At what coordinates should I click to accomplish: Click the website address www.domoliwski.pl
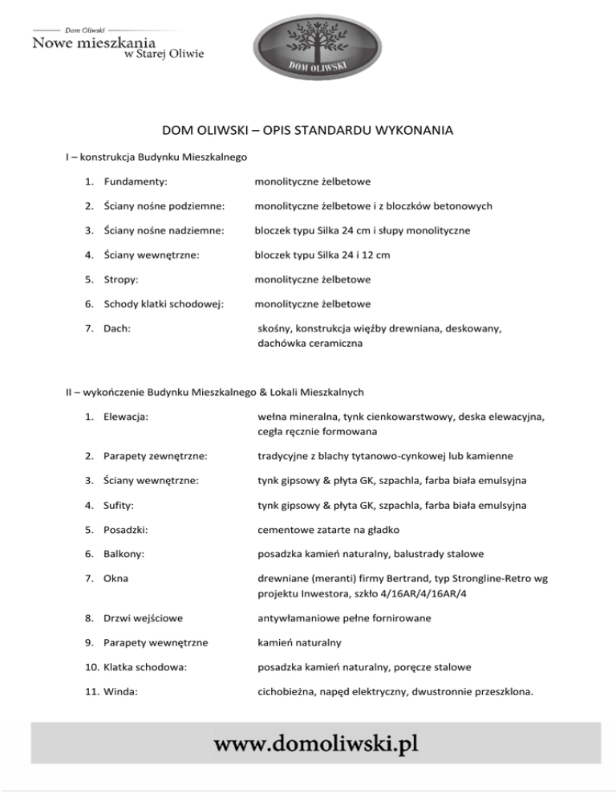click(315, 743)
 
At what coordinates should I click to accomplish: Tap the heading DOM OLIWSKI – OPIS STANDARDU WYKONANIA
click(308, 130)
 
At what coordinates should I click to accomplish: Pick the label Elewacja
click(128, 417)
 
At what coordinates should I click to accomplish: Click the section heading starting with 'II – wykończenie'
click(214, 393)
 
